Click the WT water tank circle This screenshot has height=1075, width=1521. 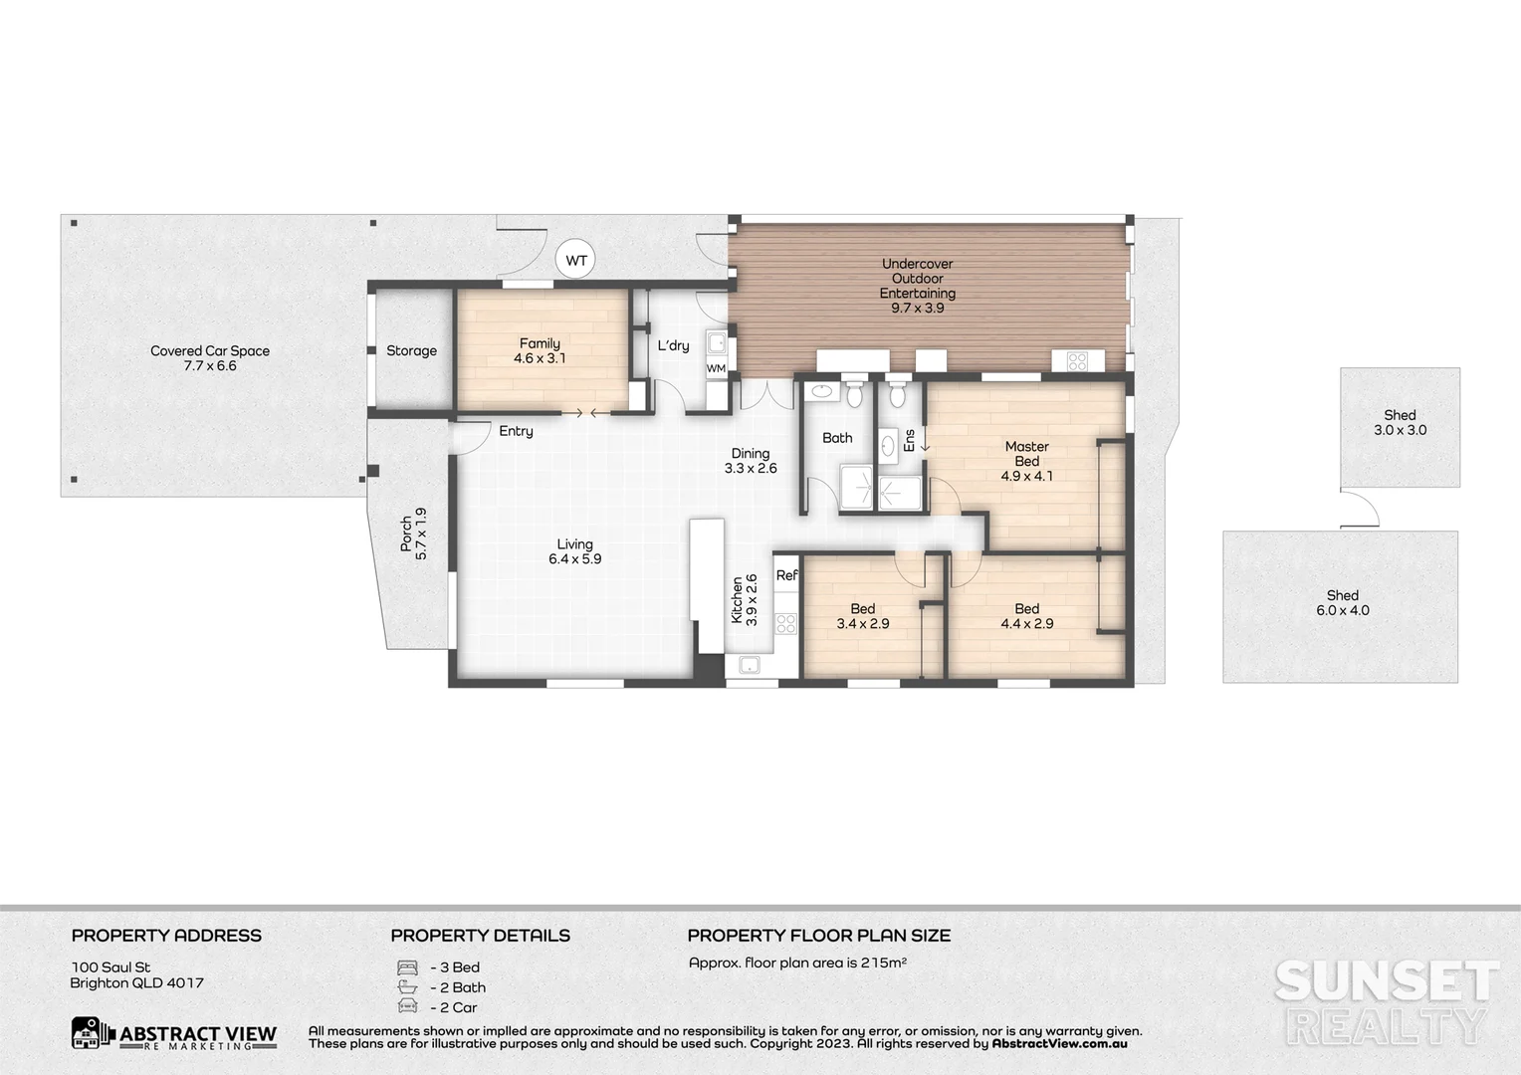[576, 261]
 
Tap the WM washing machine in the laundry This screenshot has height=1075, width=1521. [716, 369]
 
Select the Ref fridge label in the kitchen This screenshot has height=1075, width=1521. [786, 575]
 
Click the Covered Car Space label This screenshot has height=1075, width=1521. [210, 358]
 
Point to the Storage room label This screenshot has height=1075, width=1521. [411, 350]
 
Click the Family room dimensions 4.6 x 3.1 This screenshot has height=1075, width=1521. [540, 358]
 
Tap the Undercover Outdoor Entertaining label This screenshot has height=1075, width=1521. [917, 286]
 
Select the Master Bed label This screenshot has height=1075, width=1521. [1026, 461]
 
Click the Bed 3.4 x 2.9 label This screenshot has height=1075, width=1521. [863, 616]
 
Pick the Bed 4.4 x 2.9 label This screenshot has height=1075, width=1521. [1026, 616]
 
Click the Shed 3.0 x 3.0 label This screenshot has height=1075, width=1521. [1400, 423]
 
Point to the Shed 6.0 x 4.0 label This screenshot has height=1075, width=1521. [1342, 603]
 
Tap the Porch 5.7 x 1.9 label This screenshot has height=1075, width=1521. [413, 535]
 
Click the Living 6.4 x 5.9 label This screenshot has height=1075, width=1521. [574, 551]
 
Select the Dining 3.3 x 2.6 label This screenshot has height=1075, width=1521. [750, 461]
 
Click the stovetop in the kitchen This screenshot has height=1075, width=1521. [785, 624]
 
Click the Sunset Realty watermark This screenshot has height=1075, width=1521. [1387, 1000]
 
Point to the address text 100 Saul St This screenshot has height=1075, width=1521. [110, 967]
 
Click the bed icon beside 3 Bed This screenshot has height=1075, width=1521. [407, 967]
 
